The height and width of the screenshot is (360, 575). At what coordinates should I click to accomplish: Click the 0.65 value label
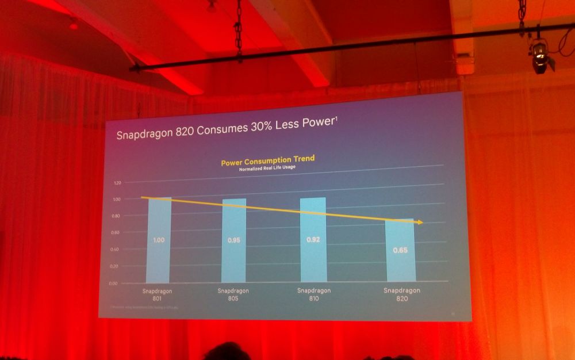pyautogui.click(x=401, y=250)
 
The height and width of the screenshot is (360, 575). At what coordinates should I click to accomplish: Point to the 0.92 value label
pyautogui.click(x=313, y=239)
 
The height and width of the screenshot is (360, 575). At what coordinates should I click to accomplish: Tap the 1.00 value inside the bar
pyautogui.click(x=159, y=240)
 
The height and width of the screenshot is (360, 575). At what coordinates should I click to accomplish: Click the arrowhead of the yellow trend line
pyautogui.click(x=421, y=222)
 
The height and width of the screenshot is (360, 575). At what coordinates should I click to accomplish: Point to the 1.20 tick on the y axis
pyautogui.click(x=118, y=183)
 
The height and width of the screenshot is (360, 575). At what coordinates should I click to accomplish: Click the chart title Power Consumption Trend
pyautogui.click(x=267, y=160)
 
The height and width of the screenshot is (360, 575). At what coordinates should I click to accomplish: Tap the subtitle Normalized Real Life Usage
pyautogui.click(x=267, y=169)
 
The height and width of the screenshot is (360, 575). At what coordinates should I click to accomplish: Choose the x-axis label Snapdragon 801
pyautogui.click(x=157, y=294)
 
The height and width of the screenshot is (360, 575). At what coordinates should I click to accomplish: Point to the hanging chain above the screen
pyautogui.click(x=237, y=29)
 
